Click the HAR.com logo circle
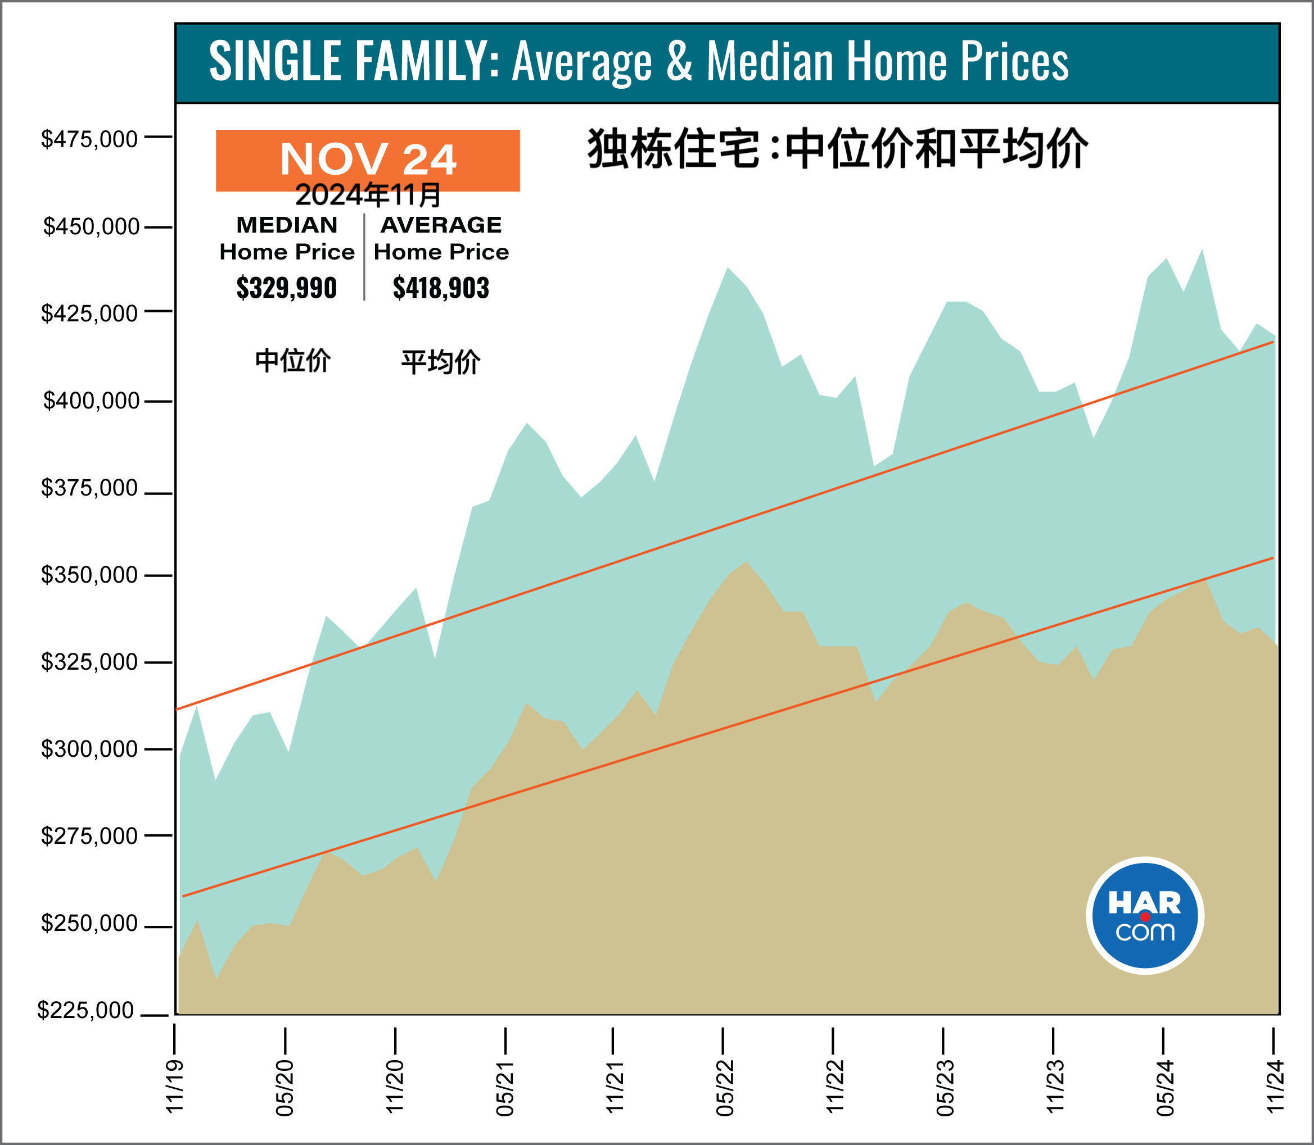1145,916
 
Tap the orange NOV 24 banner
368,160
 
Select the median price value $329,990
286,288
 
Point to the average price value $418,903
441,288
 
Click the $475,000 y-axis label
89,139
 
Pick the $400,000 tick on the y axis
159,401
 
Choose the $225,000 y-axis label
85,1010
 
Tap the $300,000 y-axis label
89,749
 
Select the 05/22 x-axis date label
724,1088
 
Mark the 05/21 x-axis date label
505,1088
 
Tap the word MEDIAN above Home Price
287,225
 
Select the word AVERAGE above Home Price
441,225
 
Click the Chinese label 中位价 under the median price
293,361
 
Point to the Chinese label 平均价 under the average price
441,362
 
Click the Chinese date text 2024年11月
368,196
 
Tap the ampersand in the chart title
679,61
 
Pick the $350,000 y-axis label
89,575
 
